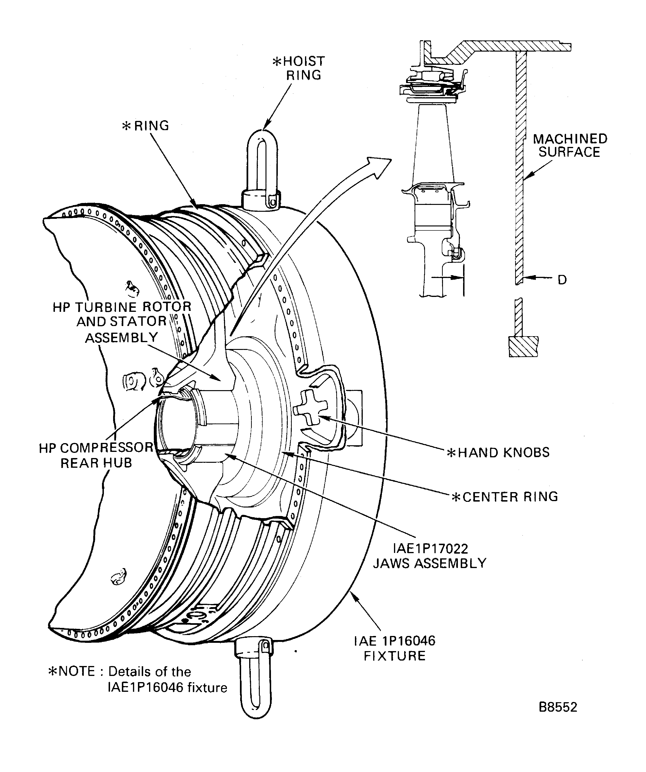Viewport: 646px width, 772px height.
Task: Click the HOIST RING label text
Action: coord(299,68)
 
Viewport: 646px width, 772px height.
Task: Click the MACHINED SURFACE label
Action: coord(570,145)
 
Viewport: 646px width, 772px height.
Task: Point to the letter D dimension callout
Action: coord(562,280)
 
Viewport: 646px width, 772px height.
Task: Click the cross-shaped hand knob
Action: coord(311,408)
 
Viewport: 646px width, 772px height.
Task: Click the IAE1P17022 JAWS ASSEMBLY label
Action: coord(429,556)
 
